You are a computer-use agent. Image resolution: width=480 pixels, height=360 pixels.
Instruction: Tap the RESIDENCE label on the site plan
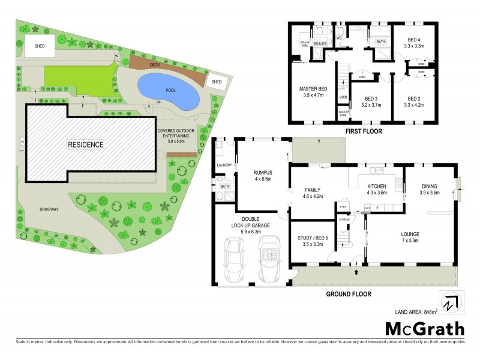click(86, 145)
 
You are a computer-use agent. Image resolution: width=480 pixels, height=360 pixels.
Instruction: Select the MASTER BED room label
click(314, 89)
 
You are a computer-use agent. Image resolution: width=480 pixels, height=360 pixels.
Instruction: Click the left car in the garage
click(233, 260)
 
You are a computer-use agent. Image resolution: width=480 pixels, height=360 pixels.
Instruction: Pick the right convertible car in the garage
click(268, 259)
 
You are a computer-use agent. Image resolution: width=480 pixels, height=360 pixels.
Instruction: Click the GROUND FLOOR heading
click(349, 294)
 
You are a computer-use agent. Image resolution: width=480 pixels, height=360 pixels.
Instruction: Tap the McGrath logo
click(424, 328)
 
